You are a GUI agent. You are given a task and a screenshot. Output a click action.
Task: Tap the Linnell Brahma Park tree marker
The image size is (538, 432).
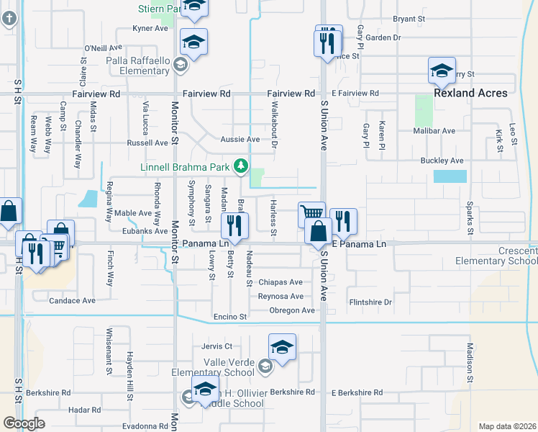tap(240, 168)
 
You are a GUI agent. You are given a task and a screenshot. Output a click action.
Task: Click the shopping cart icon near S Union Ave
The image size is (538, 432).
tap(311, 214)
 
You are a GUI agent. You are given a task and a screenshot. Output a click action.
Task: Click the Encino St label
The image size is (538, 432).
tap(230, 317)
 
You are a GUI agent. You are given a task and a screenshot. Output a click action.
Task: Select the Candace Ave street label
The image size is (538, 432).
tap(73, 300)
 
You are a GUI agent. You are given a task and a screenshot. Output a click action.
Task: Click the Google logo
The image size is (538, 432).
tap(24, 423)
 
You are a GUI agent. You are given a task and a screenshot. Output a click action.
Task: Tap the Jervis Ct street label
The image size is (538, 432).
tap(218, 346)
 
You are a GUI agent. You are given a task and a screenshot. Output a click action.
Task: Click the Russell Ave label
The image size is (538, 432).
tap(147, 143)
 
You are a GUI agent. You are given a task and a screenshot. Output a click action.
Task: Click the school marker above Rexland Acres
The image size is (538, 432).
tap(442, 70)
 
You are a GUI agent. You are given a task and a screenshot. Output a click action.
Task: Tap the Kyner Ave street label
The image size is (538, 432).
tap(150, 29)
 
